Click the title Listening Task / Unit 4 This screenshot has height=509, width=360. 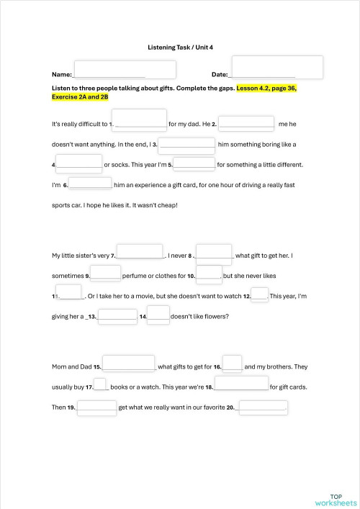(180, 47)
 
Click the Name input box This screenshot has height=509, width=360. (125, 70)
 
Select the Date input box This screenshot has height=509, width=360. (277, 68)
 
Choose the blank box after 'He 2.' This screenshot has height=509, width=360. (246, 123)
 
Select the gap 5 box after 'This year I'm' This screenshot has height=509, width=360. (194, 163)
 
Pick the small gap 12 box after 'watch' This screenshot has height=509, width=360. (260, 294)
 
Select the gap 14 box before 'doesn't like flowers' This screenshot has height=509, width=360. (158, 314)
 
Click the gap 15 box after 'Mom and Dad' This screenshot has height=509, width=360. (130, 363)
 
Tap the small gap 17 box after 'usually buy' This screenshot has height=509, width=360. (100, 385)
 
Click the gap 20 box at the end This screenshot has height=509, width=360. (262, 406)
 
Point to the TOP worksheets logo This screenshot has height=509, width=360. (336, 499)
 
